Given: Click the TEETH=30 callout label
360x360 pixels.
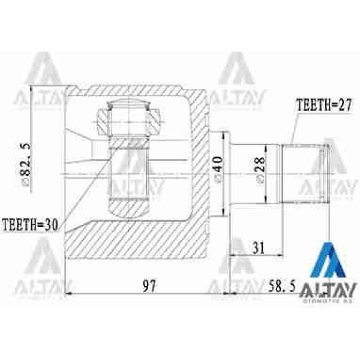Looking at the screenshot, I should [29, 225].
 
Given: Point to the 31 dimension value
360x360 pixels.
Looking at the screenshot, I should [257, 247].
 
